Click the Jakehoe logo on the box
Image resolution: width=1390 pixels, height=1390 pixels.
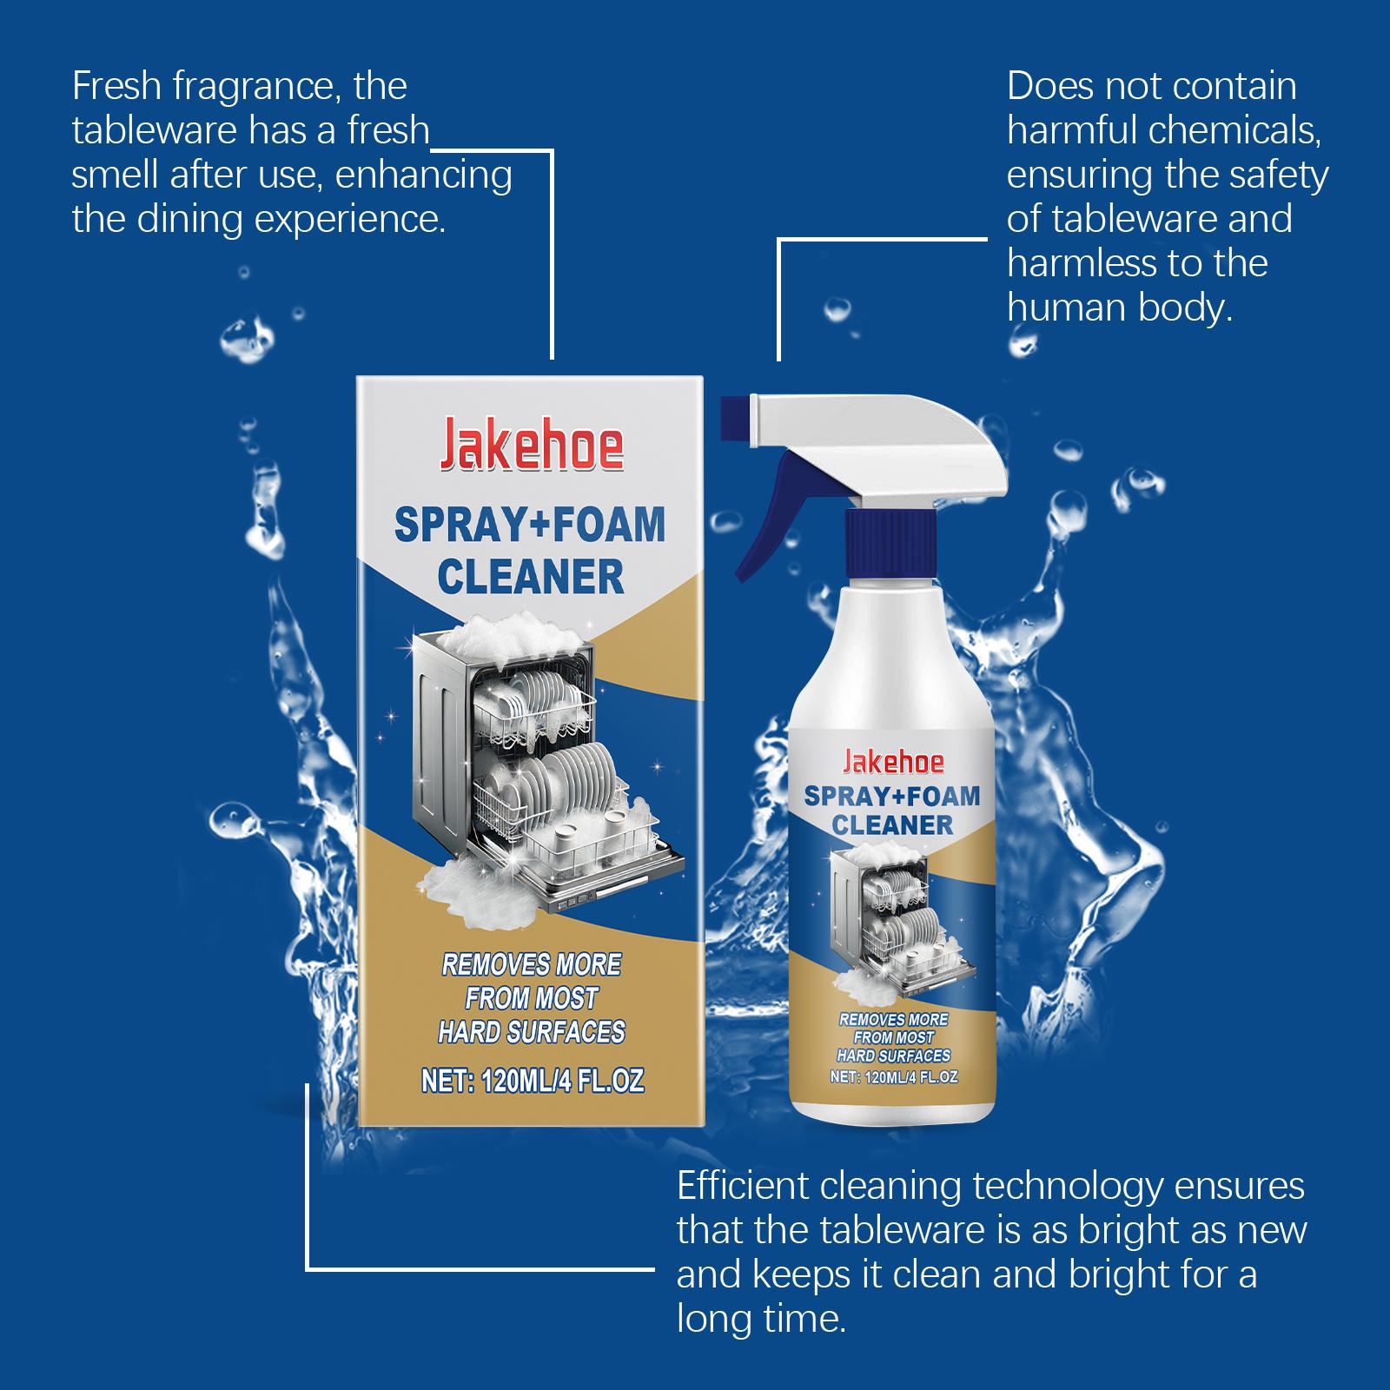click(x=530, y=446)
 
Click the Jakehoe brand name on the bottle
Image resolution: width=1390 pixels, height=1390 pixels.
click(x=893, y=762)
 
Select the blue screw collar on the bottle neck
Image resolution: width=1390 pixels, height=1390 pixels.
click(x=892, y=536)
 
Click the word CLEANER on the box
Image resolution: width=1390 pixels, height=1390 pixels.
click(x=530, y=578)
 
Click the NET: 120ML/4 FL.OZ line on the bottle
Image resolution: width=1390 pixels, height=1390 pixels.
click(x=893, y=1076)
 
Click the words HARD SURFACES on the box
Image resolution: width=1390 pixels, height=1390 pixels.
click(x=531, y=1032)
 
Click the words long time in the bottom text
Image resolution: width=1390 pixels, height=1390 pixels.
click(x=760, y=1320)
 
